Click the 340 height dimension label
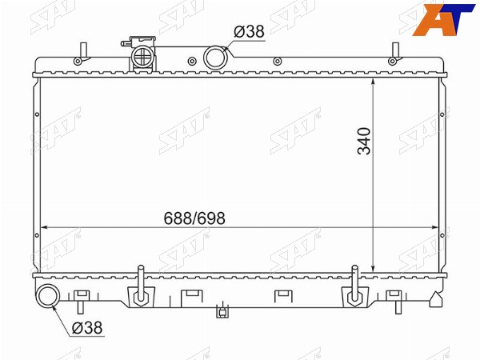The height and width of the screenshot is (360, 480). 364,141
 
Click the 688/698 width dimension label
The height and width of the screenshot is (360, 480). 194,218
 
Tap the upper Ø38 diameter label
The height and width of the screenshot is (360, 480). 249,31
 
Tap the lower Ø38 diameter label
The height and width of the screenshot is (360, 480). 87,328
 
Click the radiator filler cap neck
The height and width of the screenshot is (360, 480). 142,55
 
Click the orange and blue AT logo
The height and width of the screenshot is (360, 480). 443,19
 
